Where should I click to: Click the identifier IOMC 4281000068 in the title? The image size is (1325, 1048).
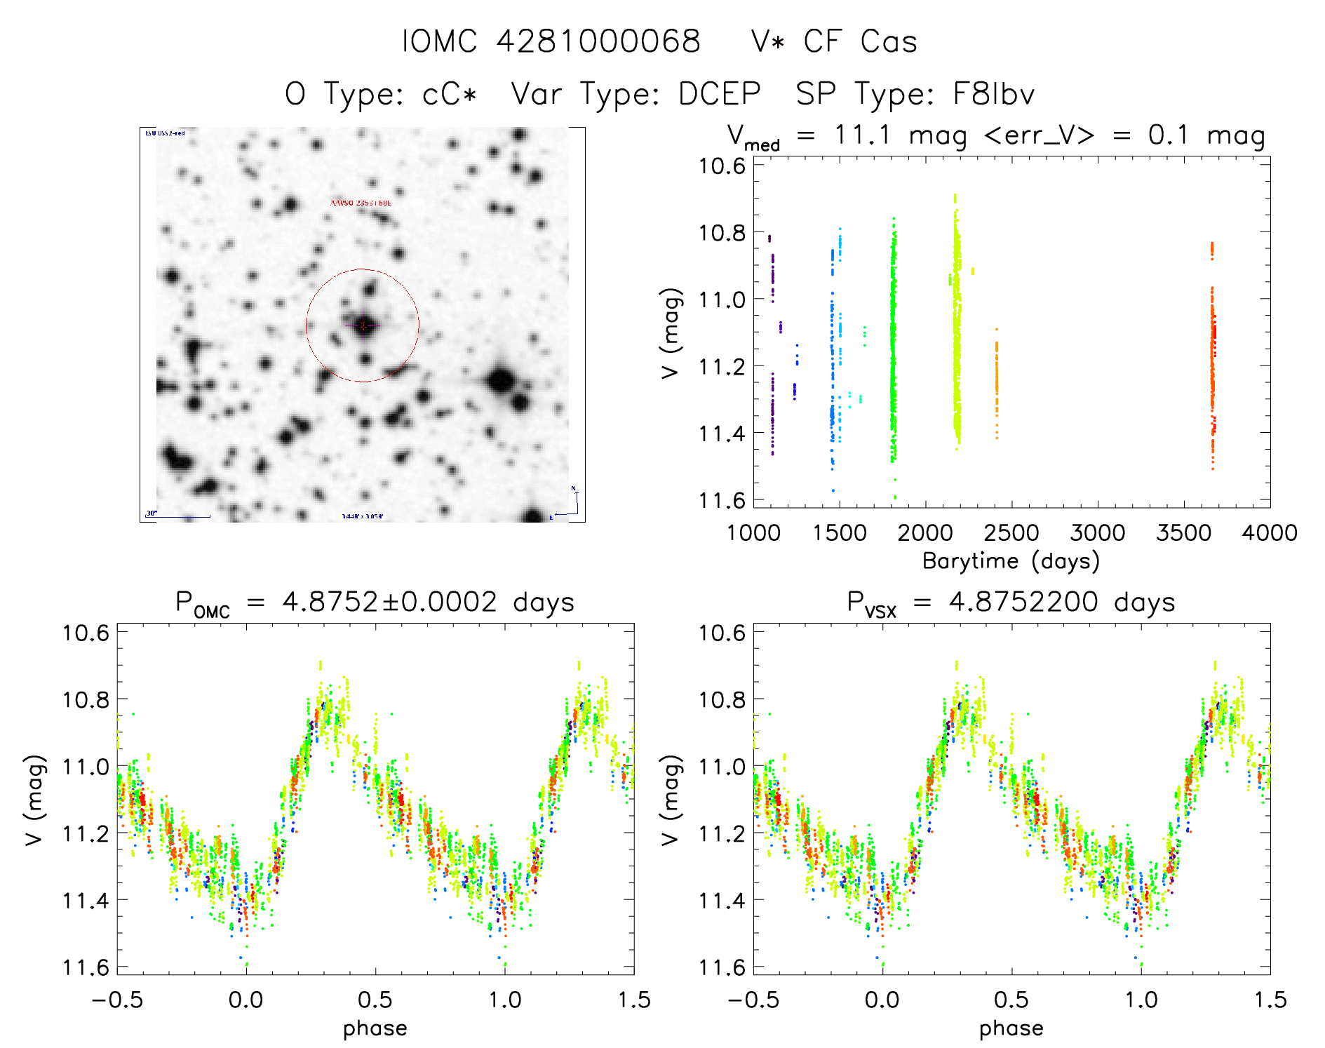point(551,41)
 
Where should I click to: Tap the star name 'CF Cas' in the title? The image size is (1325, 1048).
point(860,41)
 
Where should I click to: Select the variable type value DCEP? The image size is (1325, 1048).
point(720,93)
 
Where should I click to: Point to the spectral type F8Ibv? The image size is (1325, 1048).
point(993,93)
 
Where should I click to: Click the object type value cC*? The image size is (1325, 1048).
point(450,93)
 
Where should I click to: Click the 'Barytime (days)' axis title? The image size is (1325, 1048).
point(1011,561)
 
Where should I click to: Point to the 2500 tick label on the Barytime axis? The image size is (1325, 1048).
point(1011,533)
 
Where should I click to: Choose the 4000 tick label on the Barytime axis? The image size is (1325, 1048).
point(1270,533)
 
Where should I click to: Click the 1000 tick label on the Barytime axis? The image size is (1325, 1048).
point(753,533)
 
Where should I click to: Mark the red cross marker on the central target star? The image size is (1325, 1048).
point(363,325)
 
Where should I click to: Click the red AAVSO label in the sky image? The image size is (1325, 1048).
point(361,203)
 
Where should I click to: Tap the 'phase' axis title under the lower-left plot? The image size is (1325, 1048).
point(375,1028)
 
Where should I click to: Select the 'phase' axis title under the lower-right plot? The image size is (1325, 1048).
point(1011,1028)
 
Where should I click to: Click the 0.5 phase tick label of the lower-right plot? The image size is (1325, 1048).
point(1011,1000)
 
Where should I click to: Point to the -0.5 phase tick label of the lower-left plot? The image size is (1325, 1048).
point(117,1000)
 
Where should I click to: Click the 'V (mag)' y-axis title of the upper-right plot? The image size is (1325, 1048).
point(671,332)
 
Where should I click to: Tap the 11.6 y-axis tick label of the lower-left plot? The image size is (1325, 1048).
point(86,967)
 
